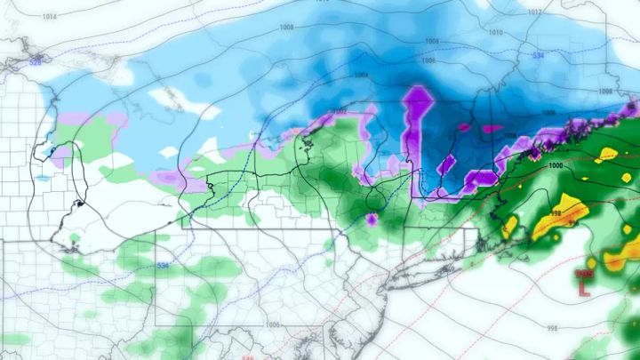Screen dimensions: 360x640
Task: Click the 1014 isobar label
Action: click(x=48, y=17)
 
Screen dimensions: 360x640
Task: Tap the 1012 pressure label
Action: click(x=534, y=12)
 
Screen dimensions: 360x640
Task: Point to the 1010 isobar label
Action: click(x=496, y=33)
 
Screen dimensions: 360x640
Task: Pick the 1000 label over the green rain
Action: click(x=556, y=166)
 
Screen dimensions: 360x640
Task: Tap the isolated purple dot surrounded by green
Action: click(x=372, y=218)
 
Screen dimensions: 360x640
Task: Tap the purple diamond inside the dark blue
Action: click(x=449, y=162)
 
